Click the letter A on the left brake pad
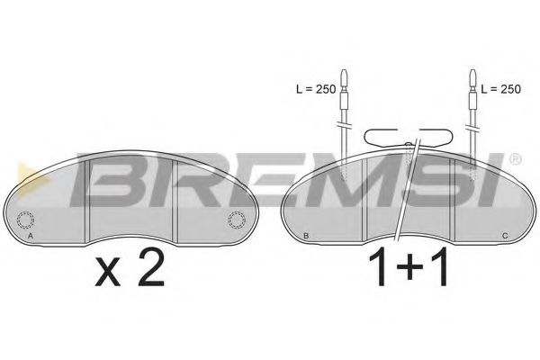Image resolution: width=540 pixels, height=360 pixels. pos(31,236)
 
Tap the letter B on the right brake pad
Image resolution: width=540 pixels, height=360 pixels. pos(307,236)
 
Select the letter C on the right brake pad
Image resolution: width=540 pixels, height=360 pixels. pos(504,236)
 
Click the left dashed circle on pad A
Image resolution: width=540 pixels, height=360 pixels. pos(26,218)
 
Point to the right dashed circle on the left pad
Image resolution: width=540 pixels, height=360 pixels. pos(237,218)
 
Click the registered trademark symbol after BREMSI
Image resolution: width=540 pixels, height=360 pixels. pos(515,160)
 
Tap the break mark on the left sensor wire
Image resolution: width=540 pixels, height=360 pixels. pos(343,123)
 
